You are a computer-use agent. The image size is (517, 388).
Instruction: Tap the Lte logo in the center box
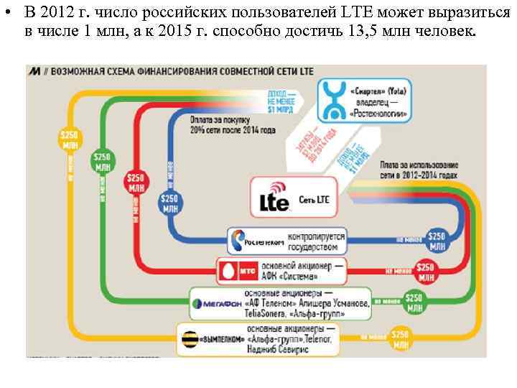(x=274, y=198)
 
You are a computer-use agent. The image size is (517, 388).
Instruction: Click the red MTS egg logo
(x=228, y=271)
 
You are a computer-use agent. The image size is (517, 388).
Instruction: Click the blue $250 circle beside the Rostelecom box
(x=436, y=240)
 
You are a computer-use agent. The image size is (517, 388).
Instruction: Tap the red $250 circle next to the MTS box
(x=426, y=271)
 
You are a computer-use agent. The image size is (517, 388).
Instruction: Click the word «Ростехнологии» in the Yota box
(x=378, y=114)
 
